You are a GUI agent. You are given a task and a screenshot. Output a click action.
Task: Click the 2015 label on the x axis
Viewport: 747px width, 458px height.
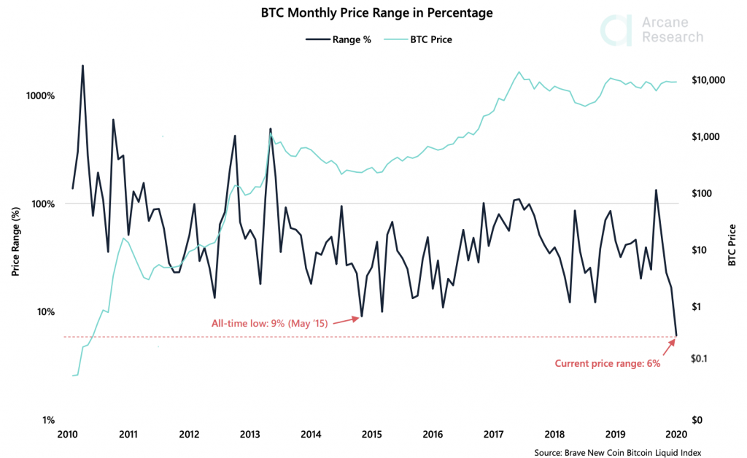373,435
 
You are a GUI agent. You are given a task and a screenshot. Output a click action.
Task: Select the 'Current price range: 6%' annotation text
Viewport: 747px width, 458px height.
607,363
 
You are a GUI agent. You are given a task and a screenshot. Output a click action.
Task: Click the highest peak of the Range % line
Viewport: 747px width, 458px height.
82,66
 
